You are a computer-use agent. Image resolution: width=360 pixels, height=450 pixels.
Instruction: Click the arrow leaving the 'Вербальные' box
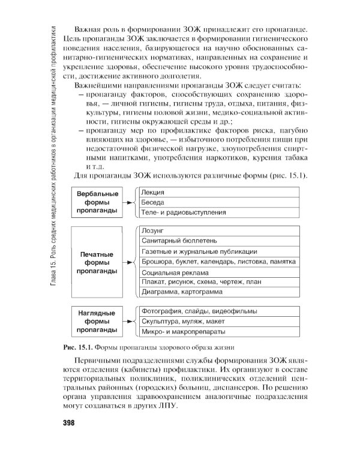click(x=130, y=203)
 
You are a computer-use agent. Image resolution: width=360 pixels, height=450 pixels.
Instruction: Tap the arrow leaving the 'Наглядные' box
click(x=130, y=322)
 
